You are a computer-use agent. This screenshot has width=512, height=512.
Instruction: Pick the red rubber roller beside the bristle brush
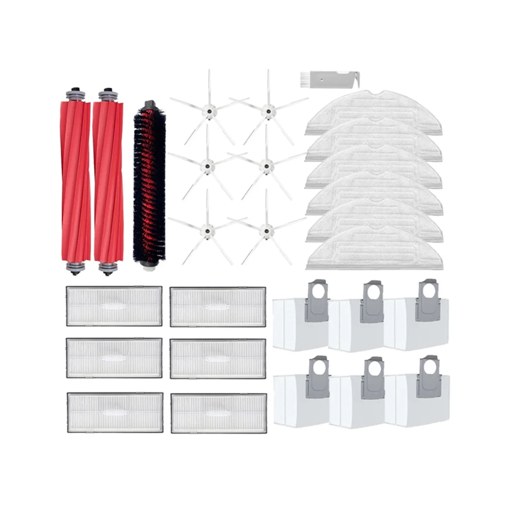(108, 179)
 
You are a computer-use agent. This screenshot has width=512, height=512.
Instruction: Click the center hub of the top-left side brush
(209, 110)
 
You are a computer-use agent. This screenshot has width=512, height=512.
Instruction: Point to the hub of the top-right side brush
(268, 110)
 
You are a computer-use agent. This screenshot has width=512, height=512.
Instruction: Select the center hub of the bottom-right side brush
(266, 231)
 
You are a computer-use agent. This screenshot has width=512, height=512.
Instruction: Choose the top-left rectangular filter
(114, 305)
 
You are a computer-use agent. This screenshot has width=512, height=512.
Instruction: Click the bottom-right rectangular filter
(218, 413)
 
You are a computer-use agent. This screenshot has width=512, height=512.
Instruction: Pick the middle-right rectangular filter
(218, 359)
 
